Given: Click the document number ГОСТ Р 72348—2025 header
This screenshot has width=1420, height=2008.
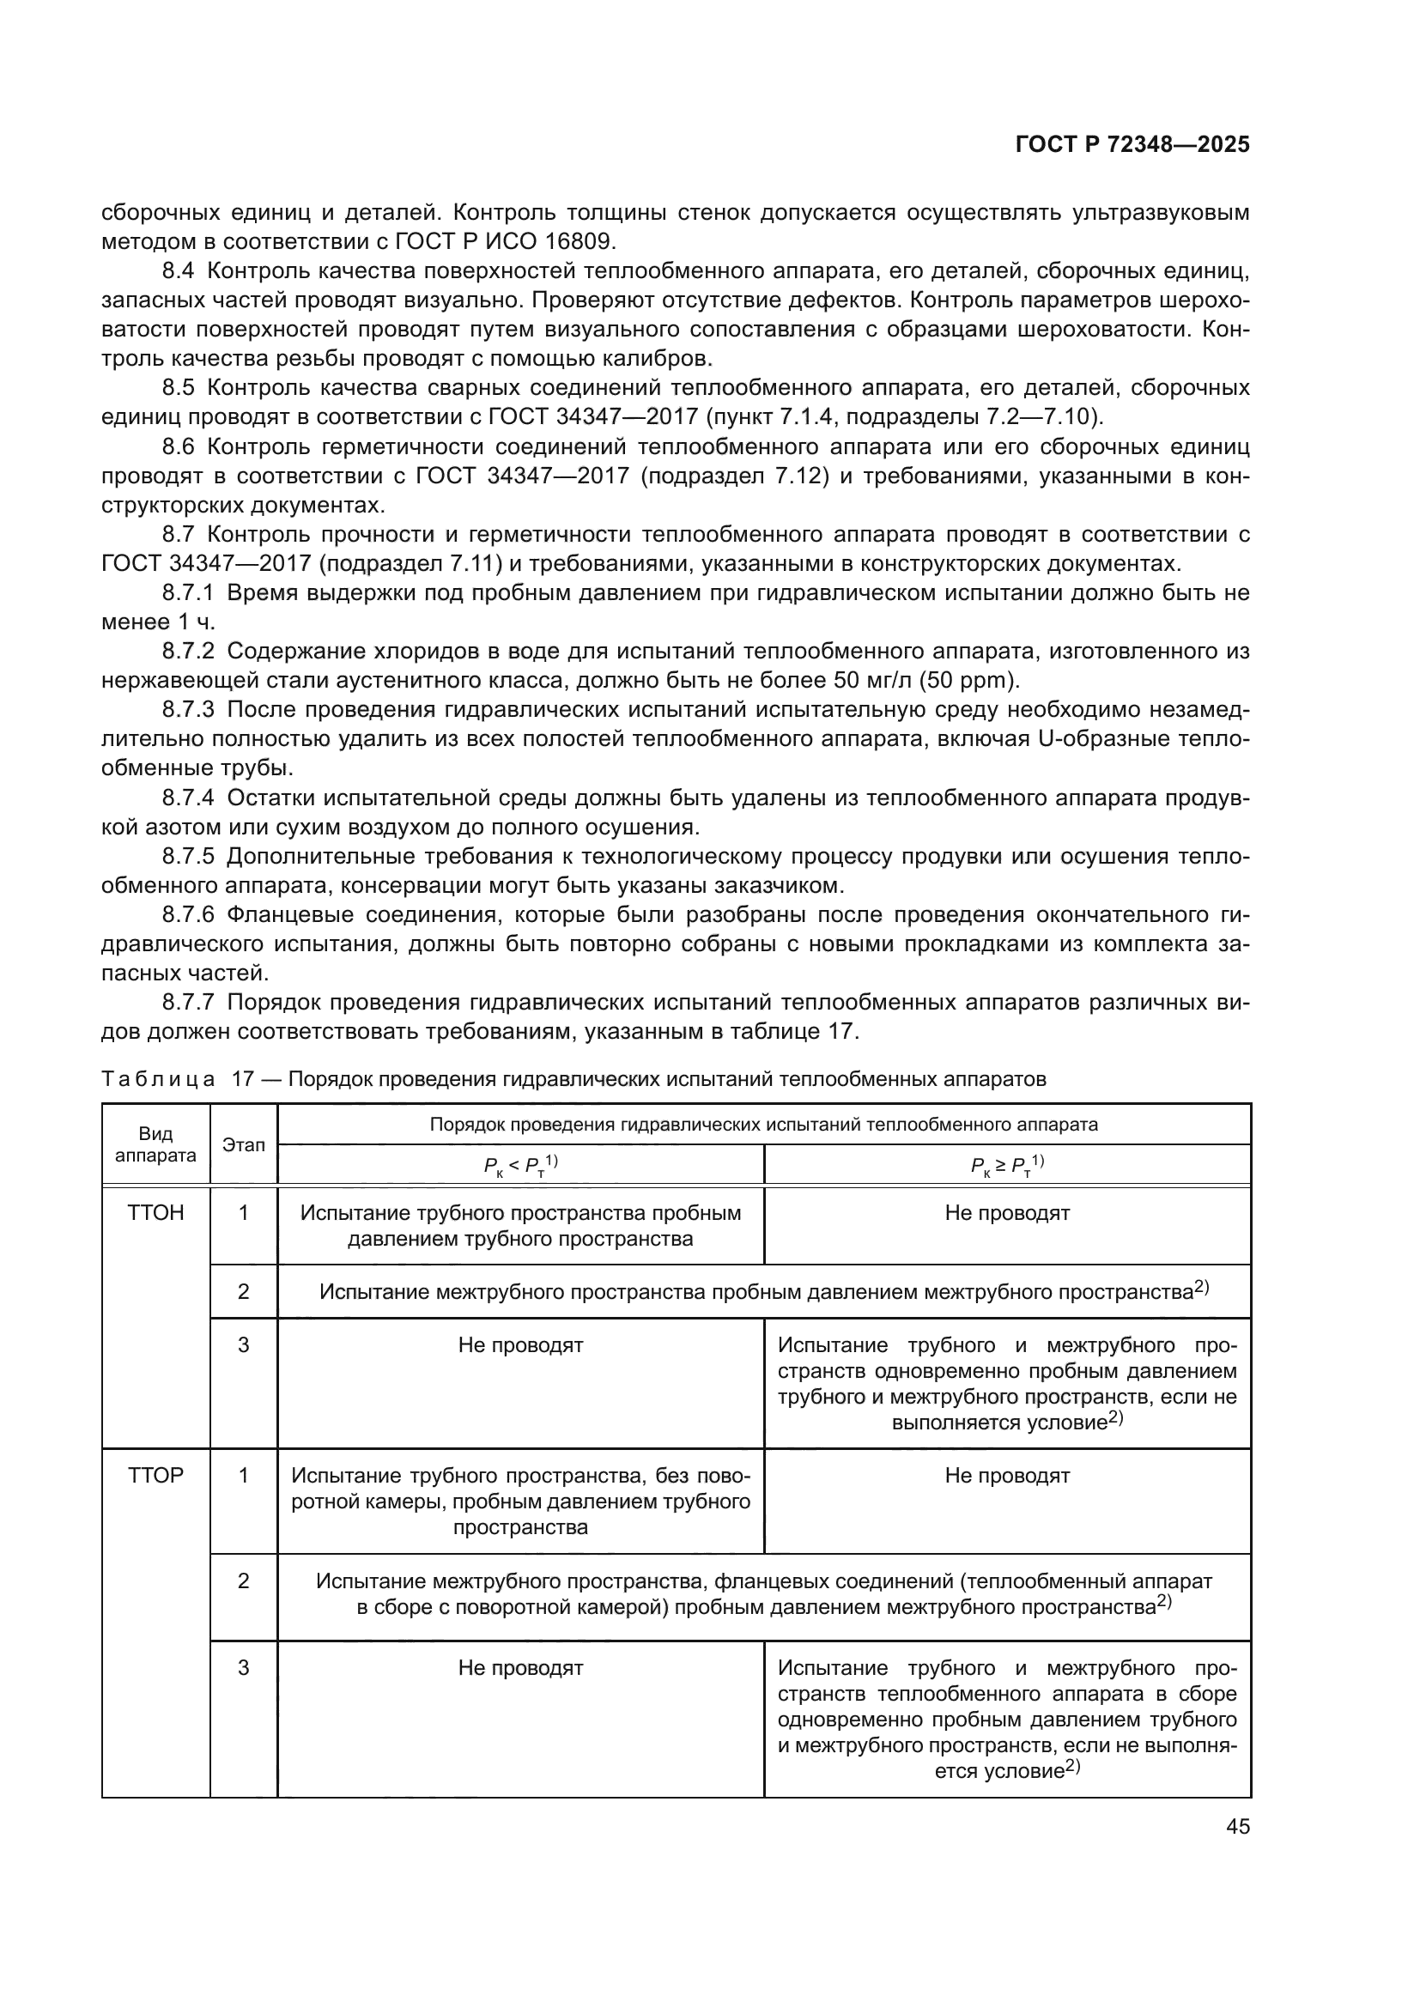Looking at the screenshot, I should tap(1132, 145).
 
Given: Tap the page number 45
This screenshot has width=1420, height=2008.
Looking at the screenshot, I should tap(1237, 1826).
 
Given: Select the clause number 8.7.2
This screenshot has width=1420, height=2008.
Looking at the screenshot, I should tap(188, 651).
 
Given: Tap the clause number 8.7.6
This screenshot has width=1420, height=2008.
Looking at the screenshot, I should tap(188, 915).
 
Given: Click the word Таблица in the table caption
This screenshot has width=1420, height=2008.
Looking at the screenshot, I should tap(158, 1078).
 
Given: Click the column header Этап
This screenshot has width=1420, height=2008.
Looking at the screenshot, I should tap(243, 1145).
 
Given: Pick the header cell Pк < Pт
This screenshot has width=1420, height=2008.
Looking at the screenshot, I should tap(520, 1165).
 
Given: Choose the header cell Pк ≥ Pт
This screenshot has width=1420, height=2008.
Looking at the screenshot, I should tap(1007, 1165).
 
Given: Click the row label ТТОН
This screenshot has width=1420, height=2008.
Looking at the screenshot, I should tap(155, 1213).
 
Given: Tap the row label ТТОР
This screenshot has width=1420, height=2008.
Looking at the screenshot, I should tap(155, 1476).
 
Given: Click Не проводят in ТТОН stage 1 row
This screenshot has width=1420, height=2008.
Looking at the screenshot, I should tap(1007, 1213).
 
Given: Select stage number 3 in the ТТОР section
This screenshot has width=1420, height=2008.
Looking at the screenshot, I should tap(243, 1668).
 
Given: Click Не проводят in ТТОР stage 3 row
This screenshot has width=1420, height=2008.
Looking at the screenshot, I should tap(520, 1668).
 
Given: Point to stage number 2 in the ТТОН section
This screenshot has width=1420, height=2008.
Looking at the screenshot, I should tap(243, 1292).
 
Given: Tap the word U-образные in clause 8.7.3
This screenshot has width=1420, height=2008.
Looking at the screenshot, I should tap(1103, 739).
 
